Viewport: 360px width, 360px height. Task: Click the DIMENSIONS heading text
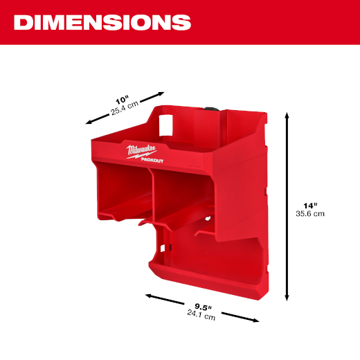(102, 22)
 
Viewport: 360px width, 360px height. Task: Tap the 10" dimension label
(122, 100)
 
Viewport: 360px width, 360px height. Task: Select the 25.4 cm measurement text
(125, 108)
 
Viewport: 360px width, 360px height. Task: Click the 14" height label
(310, 206)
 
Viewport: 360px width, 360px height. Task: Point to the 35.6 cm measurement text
(310, 214)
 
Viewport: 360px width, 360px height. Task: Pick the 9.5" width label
(203, 307)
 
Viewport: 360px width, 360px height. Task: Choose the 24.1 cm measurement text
(201, 315)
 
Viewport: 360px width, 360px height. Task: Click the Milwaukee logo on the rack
(141, 152)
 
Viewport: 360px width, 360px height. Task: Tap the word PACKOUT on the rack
(152, 160)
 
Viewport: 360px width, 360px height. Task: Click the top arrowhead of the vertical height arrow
(287, 115)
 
